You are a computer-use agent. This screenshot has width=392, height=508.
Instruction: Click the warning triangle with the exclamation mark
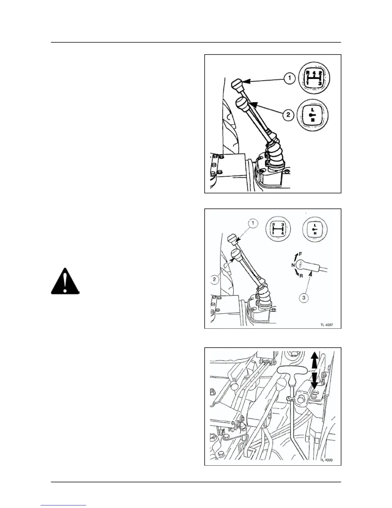[x=65, y=281]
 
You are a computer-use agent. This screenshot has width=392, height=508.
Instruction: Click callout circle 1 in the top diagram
[x=290, y=79]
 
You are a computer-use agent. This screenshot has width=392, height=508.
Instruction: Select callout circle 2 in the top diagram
[x=288, y=114]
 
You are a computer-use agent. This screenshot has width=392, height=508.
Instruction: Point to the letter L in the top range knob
[x=313, y=109]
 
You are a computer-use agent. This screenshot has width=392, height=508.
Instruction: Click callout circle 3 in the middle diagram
[x=304, y=298]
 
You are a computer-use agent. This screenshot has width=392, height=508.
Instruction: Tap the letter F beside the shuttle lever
[x=300, y=254]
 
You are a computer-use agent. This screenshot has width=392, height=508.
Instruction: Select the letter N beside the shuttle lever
[x=293, y=265]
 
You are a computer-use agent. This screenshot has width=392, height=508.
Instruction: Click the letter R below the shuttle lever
[x=301, y=275]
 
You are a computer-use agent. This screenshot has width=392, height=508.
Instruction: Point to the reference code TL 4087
[x=327, y=324]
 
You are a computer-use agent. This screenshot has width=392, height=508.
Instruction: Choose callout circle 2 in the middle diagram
[x=215, y=279]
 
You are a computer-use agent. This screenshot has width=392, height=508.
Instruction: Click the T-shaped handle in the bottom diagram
[x=292, y=371]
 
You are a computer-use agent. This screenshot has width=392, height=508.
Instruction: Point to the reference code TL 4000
[x=326, y=460]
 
